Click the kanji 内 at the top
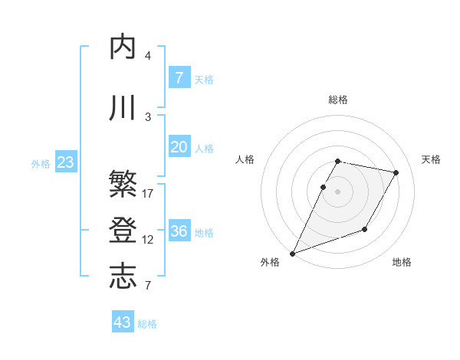[123, 47]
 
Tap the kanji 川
[123, 108]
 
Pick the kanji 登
[123, 231]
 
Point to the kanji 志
[123, 277]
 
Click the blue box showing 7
[179, 78]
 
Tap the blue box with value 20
[179, 148]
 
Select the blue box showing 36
[179, 231]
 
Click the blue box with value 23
[65, 162]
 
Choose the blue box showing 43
[123, 322]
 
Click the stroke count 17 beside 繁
[148, 194]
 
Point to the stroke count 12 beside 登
[148, 240]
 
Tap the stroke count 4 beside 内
[148, 56]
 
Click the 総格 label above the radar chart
[338, 100]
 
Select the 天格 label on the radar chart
[431, 159]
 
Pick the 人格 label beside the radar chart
[245, 159]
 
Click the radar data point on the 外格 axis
[292, 254]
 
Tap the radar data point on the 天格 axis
[396, 173]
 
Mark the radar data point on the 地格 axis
[365, 229]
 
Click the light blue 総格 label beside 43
[148, 324]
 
